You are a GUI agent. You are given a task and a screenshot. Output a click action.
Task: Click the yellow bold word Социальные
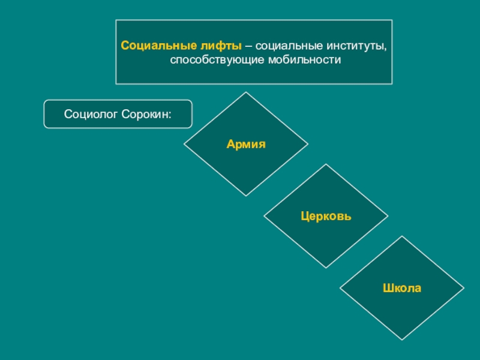coord(150,46)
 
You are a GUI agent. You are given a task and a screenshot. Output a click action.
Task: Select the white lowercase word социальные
coord(281,46)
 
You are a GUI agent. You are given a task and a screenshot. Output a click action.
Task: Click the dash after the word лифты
coord(248,46)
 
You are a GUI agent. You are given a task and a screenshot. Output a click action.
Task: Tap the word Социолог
coord(90,114)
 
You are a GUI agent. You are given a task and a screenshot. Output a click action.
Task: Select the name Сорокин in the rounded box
coord(143,114)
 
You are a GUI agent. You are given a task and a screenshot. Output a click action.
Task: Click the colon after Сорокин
coord(170,114)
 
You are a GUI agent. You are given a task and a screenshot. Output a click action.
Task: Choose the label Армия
coord(246,144)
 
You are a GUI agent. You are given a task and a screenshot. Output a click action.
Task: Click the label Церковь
coord(326,216)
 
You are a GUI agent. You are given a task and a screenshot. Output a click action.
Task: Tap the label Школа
coord(403,288)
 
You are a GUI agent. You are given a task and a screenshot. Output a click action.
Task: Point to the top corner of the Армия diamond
coord(246,92)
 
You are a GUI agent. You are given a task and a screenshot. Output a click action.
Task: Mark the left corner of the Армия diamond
coord(184,144)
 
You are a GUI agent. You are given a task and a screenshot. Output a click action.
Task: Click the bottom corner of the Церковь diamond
coord(326,268)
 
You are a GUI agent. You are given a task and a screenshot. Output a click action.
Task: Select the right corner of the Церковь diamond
coord(388,216)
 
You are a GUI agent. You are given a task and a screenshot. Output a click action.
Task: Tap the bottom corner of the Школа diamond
coord(403,340)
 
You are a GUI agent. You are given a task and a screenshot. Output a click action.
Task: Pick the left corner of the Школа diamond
coord(341,288)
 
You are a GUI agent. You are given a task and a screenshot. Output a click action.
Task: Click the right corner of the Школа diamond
coord(464,288)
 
